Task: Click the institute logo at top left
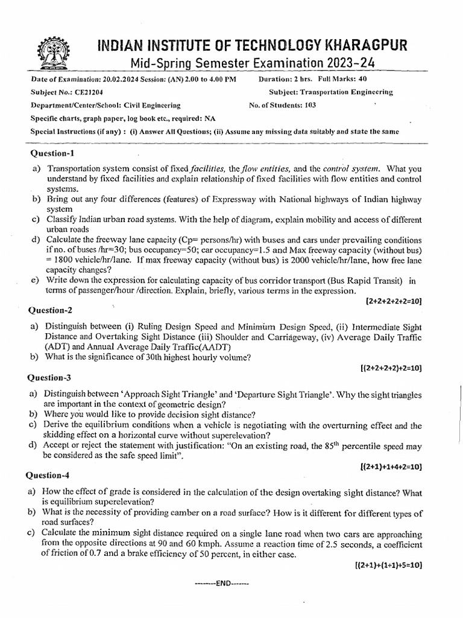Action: pyautogui.click(x=48, y=54)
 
